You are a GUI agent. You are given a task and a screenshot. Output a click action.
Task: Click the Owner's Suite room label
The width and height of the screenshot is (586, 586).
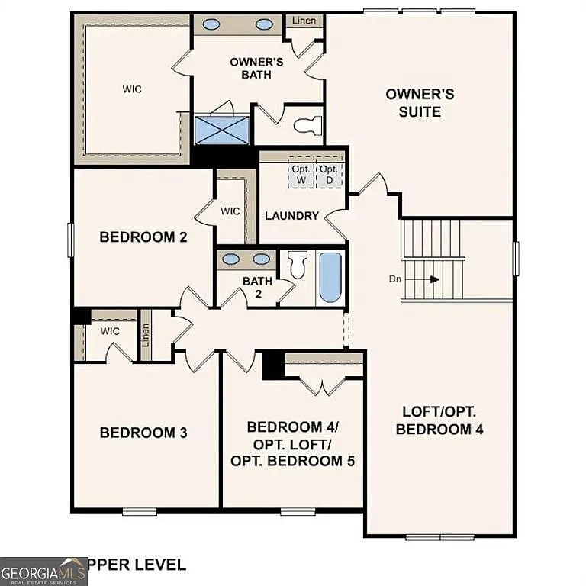point(420,103)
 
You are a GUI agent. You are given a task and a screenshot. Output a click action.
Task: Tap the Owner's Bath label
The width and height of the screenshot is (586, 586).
point(257,68)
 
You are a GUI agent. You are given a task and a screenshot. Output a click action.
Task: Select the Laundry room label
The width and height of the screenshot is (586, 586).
point(291,216)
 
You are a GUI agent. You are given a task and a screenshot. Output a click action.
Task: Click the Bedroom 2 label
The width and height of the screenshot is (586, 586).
point(143,237)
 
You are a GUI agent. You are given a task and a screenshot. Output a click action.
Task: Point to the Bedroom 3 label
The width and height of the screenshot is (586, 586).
point(143,433)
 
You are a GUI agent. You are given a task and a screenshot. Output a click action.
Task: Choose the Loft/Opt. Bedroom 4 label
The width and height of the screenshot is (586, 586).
point(439,420)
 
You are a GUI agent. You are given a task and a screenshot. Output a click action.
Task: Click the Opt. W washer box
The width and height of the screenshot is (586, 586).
point(299,175)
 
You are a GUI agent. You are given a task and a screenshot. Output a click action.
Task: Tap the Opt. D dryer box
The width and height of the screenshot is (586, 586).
point(329,175)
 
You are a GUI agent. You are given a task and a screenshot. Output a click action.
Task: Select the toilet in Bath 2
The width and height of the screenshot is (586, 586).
point(298,264)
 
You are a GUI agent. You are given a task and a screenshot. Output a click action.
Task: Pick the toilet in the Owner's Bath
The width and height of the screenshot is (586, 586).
point(309,125)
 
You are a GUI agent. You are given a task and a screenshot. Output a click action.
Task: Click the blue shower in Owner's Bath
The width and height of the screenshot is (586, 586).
point(222,130)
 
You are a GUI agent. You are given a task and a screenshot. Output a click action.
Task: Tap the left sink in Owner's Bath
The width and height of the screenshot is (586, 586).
point(211,24)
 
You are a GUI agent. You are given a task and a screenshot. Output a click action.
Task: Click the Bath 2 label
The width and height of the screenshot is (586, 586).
point(257,287)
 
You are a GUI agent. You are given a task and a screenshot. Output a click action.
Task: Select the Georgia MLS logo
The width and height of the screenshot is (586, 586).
point(43,571)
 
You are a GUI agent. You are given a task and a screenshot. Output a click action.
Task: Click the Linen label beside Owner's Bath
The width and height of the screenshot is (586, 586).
point(304,20)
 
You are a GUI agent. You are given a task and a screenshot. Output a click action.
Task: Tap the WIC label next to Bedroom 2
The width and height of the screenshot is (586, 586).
point(230,211)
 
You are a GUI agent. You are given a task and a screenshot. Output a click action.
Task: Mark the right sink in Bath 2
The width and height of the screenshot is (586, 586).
point(262,259)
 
